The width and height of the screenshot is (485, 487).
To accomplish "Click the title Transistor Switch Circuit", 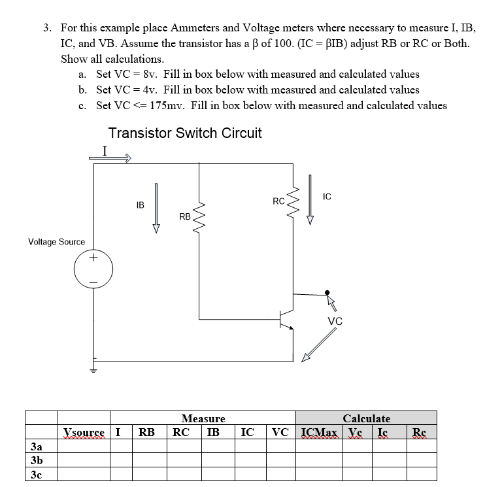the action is coord(185,133).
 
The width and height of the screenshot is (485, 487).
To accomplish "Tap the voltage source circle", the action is coord(93,269).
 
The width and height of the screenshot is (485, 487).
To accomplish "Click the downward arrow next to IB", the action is coord(156,208).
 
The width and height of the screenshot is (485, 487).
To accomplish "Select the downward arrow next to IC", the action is coord(310,200).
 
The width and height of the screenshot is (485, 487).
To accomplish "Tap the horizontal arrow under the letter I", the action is coord(110,158).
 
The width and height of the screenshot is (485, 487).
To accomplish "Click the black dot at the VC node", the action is coord(327,293).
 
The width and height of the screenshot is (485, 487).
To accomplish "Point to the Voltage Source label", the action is coord(56,242).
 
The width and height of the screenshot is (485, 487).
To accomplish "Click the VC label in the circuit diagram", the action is coord(335,321).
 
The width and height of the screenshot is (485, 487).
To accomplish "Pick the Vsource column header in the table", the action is coord(84,432).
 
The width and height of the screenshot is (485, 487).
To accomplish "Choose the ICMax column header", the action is coord(319,432).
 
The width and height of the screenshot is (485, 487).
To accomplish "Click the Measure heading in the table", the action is coord(203,418).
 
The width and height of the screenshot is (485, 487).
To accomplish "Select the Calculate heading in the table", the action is coord(367,418).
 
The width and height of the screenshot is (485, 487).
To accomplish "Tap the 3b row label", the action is coord(37,460).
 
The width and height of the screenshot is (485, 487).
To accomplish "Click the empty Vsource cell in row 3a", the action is coord(84,446).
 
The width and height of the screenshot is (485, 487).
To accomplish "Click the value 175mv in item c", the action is coord(167,106).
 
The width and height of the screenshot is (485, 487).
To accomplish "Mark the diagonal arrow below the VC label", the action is coord(319,344).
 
